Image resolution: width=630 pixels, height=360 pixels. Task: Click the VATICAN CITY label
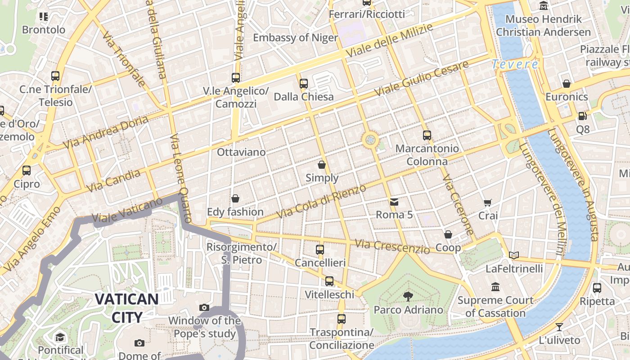(126, 308)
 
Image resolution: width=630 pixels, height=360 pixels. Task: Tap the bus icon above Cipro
(27, 171)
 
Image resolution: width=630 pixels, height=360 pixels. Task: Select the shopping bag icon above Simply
(322, 165)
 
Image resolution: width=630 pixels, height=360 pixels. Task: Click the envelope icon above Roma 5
(394, 202)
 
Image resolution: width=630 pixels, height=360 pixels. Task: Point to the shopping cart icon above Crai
(488, 203)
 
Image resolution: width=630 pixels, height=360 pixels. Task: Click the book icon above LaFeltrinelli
(514, 256)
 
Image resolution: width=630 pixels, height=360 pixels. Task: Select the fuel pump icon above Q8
(582, 116)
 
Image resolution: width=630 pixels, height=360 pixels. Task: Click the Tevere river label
(515, 64)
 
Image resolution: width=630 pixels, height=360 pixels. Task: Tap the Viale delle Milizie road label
(389, 40)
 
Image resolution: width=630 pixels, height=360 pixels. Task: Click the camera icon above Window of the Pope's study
(204, 308)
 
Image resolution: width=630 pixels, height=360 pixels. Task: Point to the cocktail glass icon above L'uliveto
(559, 327)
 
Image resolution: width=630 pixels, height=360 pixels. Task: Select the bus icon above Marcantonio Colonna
(427, 135)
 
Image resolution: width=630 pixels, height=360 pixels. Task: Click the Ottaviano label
(241, 152)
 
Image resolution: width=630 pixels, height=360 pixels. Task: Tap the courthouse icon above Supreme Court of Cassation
(495, 287)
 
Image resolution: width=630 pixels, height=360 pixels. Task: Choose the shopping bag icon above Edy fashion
(235, 198)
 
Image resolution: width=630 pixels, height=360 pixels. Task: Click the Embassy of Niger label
(295, 37)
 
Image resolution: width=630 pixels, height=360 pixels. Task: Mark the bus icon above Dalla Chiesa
(304, 83)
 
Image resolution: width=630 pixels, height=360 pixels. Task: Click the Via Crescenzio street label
(392, 247)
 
